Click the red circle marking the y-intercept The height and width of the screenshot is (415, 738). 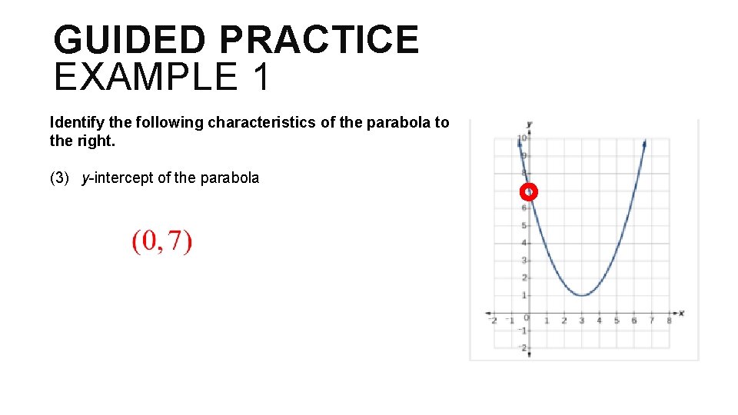pos(529,191)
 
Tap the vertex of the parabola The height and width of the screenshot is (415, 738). pos(582,295)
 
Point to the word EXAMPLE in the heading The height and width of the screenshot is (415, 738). pos(146,77)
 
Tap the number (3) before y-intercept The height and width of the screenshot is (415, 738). pos(60,178)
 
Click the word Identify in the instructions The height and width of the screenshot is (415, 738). pos(74,122)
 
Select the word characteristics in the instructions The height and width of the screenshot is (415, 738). pos(251,122)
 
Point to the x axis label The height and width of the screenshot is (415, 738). pos(681,313)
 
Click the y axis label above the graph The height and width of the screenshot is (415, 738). pos(530,124)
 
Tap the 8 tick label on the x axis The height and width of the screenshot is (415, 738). pos(669,320)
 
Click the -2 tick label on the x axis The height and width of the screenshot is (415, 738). pos(493,320)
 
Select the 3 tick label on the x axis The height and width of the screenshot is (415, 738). pos(582,320)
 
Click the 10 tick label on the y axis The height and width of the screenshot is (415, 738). pos(522,138)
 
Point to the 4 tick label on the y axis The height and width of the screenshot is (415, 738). pos(524,243)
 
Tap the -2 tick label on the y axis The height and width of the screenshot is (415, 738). pos(522,348)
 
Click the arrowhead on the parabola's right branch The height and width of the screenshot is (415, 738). pos(643,143)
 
